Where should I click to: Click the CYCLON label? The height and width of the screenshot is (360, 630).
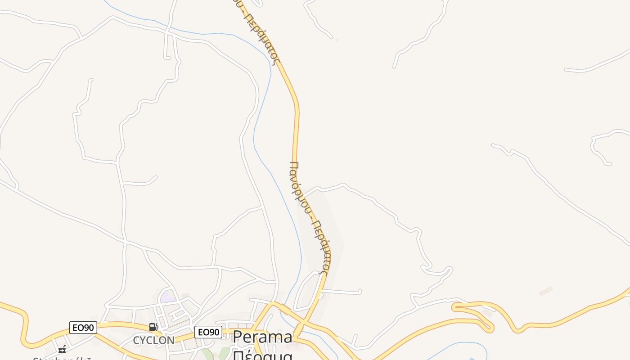tap(153, 341)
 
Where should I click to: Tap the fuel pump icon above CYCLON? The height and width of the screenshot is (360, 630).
tap(153, 327)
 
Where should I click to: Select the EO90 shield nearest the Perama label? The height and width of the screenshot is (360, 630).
tap(208, 332)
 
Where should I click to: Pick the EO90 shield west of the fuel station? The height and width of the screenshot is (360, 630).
tap(83, 328)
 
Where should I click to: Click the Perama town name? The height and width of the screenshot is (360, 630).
tap(262, 337)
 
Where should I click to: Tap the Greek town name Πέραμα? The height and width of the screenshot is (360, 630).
tap(263, 355)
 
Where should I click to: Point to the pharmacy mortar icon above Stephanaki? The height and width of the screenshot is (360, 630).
tap(62, 349)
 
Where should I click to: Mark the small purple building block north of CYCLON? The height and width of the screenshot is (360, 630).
tap(168, 297)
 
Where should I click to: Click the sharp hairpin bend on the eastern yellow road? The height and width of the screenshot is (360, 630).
tap(455, 307)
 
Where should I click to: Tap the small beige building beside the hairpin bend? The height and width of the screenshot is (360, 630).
tap(487, 313)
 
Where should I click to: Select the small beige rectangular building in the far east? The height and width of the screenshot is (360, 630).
tap(545, 291)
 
